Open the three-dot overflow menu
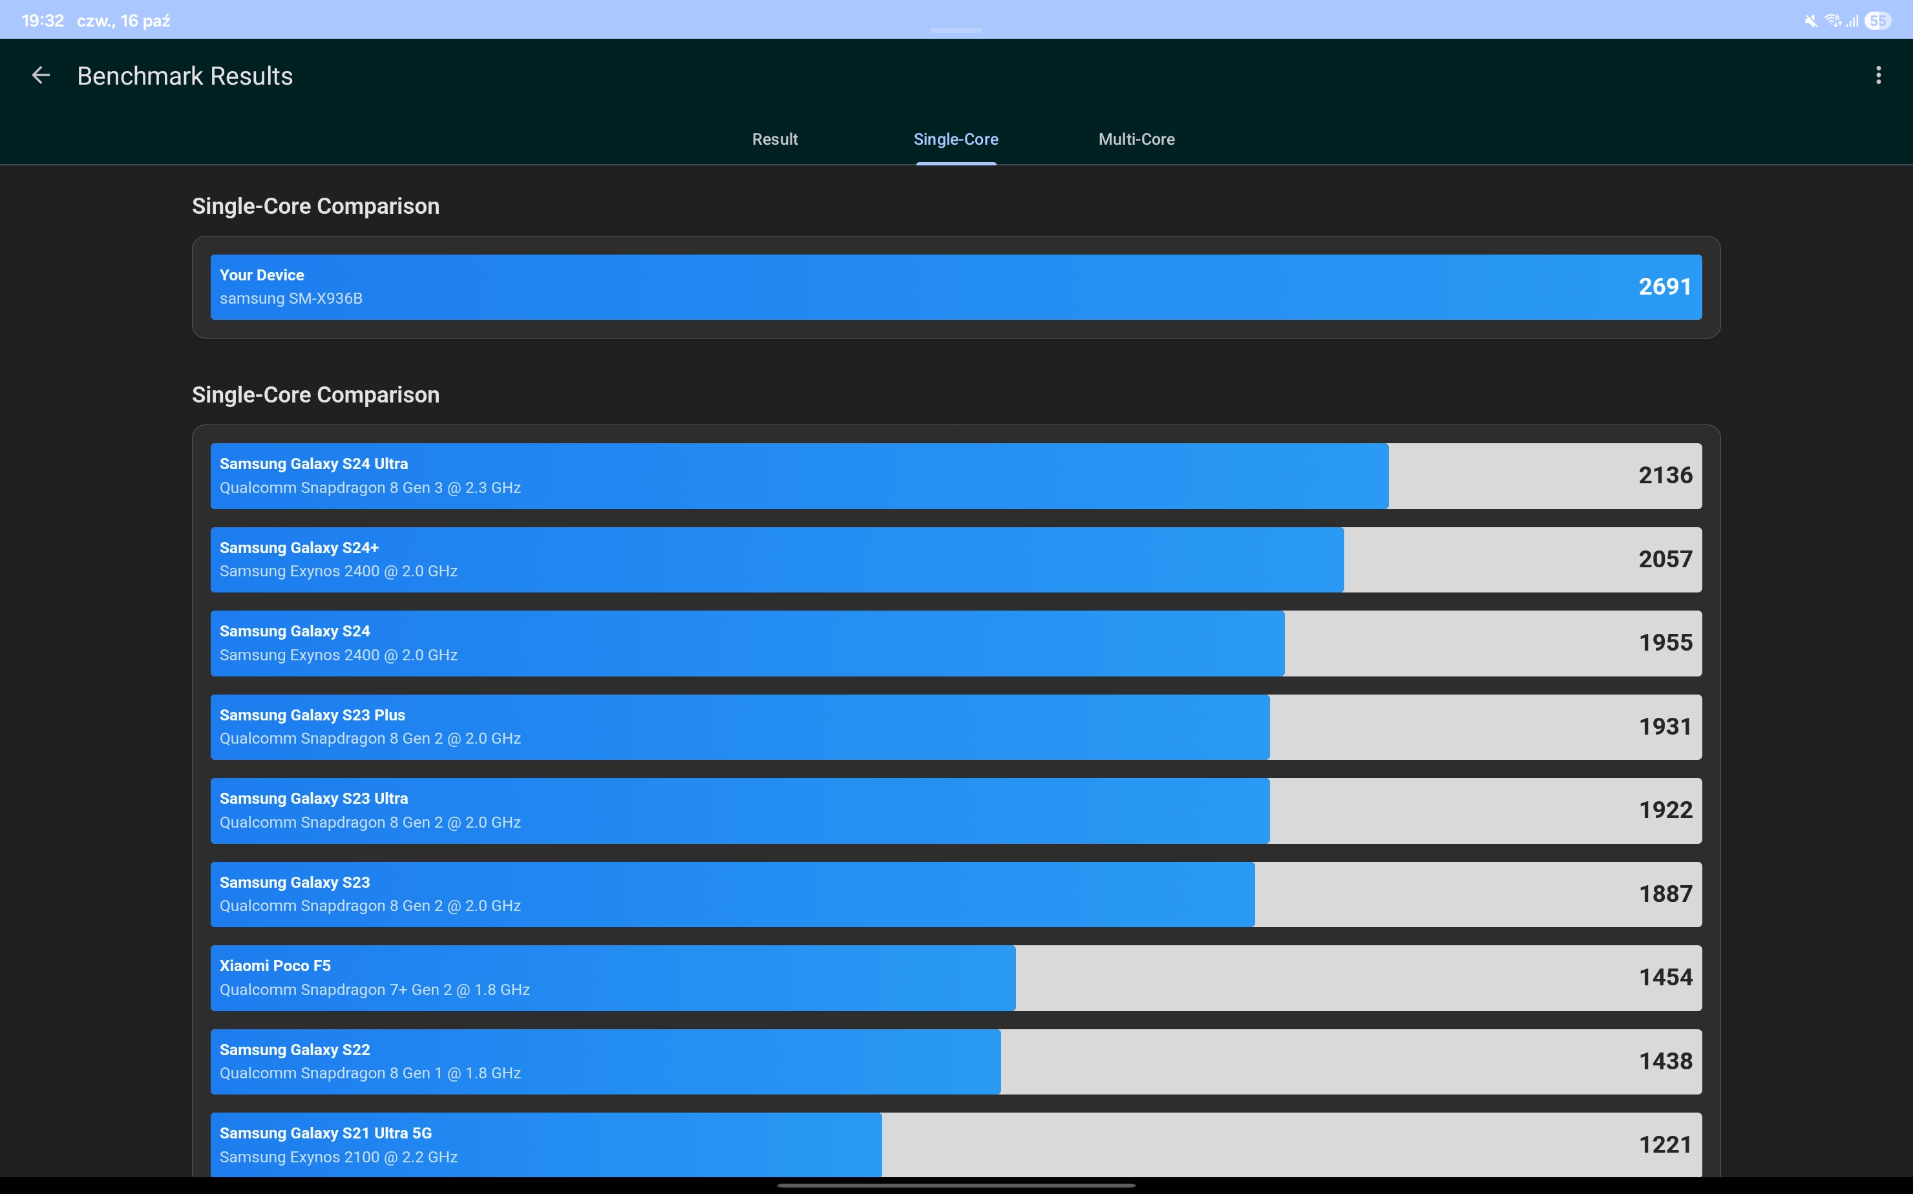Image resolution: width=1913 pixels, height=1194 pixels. tap(1877, 76)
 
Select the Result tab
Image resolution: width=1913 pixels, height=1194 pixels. tap(774, 140)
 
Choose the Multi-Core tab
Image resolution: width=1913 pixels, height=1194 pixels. tap(1136, 140)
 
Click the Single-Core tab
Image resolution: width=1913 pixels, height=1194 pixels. tap(956, 140)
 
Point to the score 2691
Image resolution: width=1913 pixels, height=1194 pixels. tap(1664, 287)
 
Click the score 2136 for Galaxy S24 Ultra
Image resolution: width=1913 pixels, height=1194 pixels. tap(1665, 476)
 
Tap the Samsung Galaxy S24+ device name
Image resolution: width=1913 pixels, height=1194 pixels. tap(299, 548)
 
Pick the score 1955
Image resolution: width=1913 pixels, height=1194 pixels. tap(1665, 643)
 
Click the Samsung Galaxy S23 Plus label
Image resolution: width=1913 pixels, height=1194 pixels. tap(312, 715)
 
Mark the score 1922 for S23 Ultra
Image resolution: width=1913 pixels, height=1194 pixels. tap(1665, 810)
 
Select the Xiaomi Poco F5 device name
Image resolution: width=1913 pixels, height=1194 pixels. tap(275, 966)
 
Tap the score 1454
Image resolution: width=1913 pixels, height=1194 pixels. tap(1665, 978)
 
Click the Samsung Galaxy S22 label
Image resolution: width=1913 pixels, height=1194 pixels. tap(295, 1049)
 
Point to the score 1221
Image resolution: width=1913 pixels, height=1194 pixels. tap(1665, 1145)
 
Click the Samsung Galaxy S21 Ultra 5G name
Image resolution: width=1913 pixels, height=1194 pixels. tap(326, 1133)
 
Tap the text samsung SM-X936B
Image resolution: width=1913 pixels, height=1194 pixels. tap(291, 298)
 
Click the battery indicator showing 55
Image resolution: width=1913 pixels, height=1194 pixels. tap(1877, 21)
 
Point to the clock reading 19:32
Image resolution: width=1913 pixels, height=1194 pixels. tap(43, 21)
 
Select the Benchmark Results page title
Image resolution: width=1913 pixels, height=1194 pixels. tap(185, 76)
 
